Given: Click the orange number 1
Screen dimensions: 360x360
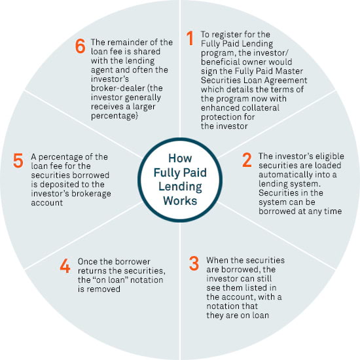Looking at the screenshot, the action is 190,38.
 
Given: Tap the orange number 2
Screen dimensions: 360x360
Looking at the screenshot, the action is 247,160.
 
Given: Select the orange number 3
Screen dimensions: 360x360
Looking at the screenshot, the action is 194,263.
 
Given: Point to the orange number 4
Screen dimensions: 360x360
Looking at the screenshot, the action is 65,266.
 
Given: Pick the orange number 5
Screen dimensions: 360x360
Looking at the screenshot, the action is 18,160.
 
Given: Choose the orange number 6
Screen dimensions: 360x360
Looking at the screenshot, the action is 80,46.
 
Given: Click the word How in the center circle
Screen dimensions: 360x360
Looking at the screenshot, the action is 180,158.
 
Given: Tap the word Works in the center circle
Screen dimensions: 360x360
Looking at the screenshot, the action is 180,201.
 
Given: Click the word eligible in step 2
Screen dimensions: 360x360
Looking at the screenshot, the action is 330,156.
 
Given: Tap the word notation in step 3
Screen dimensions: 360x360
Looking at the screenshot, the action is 232,306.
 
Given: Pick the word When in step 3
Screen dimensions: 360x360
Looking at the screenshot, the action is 217,260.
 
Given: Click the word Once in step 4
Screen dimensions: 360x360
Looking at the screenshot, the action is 88,262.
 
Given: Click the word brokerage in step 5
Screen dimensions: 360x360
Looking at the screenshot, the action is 91,194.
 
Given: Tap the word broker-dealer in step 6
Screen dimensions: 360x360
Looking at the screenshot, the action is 118,88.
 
